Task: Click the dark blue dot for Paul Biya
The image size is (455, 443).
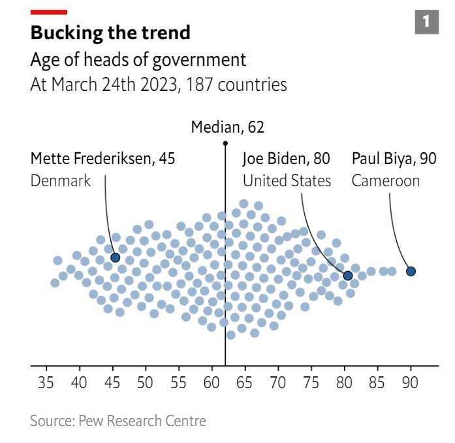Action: pyautogui.click(x=411, y=271)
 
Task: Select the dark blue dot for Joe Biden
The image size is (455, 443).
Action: pyautogui.click(x=348, y=276)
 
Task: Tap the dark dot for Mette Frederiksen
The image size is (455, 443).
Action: pyautogui.click(x=116, y=257)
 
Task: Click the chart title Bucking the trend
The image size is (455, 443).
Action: pyautogui.click(x=110, y=33)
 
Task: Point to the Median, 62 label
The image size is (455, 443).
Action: pyautogui.click(x=227, y=127)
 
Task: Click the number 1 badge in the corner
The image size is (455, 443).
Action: pyautogui.click(x=426, y=22)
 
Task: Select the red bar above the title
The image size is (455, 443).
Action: pyautogui.click(x=48, y=12)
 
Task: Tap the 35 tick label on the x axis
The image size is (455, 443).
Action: pyautogui.click(x=46, y=382)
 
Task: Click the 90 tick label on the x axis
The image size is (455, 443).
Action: pyautogui.click(x=411, y=382)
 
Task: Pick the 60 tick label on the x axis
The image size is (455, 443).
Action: pyautogui.click(x=212, y=382)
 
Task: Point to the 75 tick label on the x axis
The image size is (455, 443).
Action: pyautogui.click(x=311, y=382)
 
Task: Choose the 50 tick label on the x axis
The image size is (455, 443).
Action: pyautogui.click(x=146, y=382)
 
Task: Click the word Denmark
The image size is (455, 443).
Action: pyautogui.click(x=61, y=181)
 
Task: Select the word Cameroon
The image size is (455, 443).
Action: pyautogui.click(x=385, y=181)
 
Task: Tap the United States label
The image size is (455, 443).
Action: pyautogui.click(x=287, y=181)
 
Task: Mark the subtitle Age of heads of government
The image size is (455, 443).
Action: pyautogui.click(x=138, y=61)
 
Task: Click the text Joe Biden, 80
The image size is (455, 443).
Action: pyautogui.click(x=286, y=159)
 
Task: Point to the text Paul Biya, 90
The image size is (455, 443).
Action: pyautogui.click(x=394, y=159)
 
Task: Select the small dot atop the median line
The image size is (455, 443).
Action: pyautogui.click(x=225, y=142)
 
